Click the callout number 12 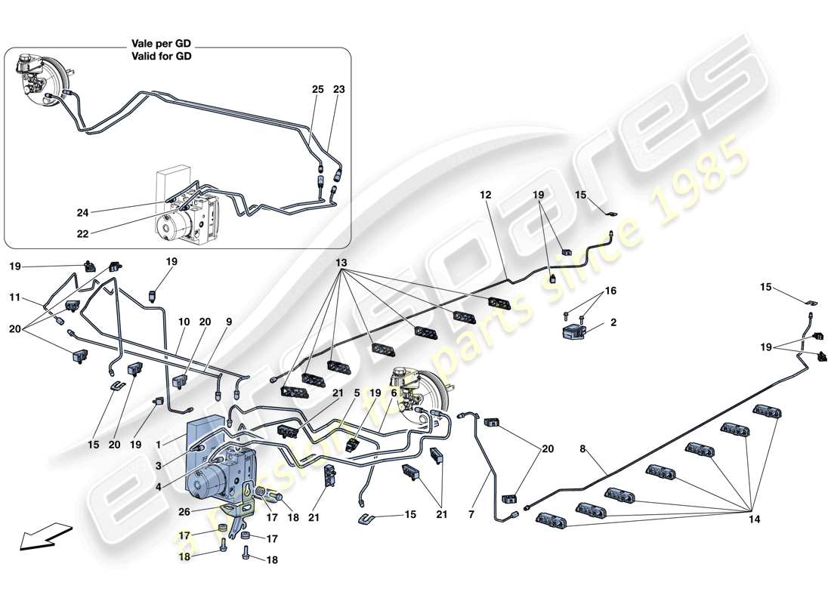485,195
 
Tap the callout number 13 342,263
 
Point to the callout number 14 755,520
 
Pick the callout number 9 230,322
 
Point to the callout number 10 184,322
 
